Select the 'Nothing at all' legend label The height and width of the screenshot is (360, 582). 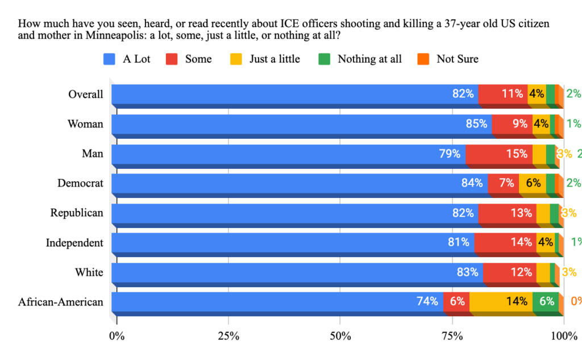click(369, 59)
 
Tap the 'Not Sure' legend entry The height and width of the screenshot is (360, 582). click(458, 59)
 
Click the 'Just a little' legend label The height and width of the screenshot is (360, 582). click(275, 59)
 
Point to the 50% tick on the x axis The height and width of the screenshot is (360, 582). click(340, 336)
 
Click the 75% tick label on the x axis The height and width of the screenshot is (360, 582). click(452, 336)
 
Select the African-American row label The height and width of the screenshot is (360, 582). click(61, 301)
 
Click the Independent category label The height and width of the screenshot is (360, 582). click(74, 243)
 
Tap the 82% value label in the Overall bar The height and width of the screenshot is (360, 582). click(463, 94)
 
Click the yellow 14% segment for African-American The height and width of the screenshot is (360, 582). click(501, 301)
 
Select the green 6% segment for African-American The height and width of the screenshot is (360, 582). click(546, 301)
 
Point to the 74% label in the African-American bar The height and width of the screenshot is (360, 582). click(427, 301)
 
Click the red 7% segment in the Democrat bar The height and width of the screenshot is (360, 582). click(503, 183)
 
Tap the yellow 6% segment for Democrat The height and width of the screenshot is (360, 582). click(533, 183)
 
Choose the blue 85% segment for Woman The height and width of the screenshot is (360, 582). click(301, 123)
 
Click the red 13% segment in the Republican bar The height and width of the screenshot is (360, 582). click(507, 213)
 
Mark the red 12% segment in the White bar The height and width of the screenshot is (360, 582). click(509, 272)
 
